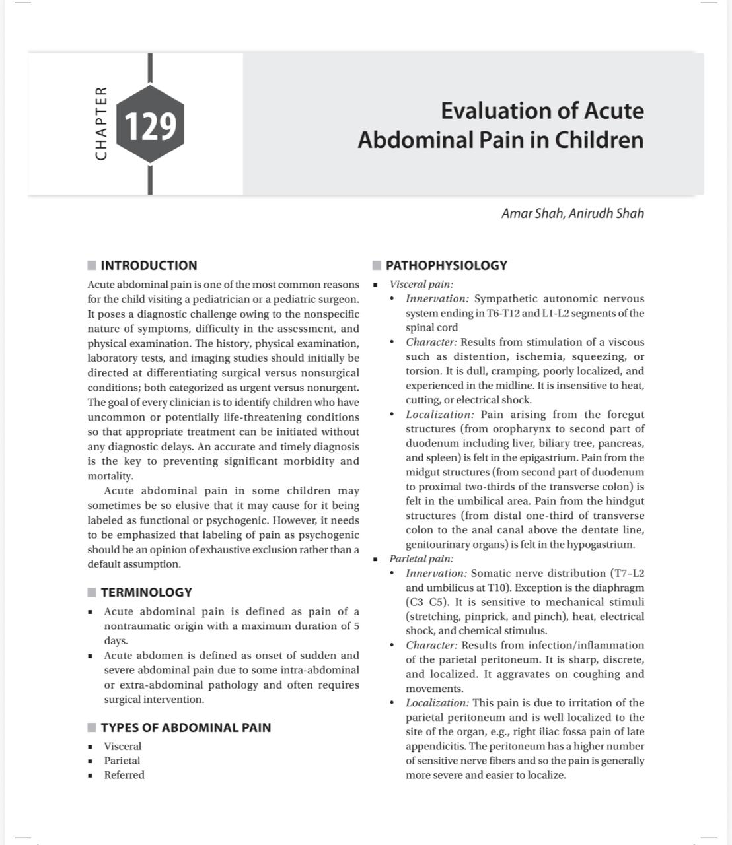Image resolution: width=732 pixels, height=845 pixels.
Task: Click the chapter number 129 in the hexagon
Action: click(150, 126)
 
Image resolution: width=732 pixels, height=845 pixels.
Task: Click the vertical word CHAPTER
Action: click(101, 123)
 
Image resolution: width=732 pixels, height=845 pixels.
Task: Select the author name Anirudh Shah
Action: click(606, 213)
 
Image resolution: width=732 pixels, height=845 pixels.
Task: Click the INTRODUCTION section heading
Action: click(149, 265)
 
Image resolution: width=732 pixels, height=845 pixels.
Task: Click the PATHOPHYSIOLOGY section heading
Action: click(446, 265)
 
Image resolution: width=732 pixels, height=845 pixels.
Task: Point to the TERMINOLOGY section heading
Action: click(146, 592)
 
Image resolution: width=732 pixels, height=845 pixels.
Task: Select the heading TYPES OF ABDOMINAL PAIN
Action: click(186, 727)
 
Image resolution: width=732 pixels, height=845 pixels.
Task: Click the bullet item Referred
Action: click(124, 775)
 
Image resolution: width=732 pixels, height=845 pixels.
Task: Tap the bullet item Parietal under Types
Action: click(122, 760)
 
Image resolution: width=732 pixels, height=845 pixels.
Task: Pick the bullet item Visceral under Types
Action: click(123, 746)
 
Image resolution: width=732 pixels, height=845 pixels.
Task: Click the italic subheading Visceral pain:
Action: click(421, 284)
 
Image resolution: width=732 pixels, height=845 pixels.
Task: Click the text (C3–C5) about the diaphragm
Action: click(427, 602)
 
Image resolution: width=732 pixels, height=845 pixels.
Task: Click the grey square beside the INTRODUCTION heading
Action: click(92, 265)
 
